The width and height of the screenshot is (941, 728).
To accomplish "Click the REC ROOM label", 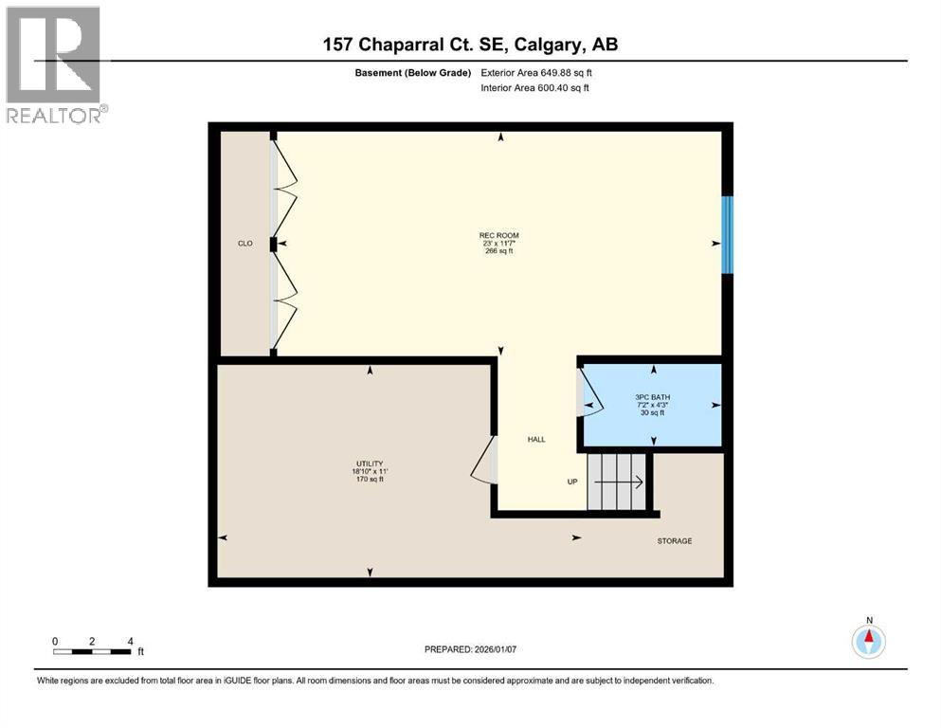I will (498, 235).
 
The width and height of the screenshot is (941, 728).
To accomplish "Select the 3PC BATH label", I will (651, 396).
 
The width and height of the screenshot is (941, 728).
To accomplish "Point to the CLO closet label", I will (244, 244).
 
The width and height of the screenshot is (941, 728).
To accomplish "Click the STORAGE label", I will (675, 540).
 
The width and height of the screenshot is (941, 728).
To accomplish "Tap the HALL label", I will (536, 439).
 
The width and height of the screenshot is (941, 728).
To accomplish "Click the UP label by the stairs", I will (572, 482).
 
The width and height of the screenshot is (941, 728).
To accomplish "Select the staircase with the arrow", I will (617, 482).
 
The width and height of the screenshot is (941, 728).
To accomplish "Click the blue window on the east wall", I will (727, 234).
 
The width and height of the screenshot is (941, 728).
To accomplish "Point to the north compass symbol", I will (868, 640).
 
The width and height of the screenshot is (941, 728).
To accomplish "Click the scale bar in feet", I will (93, 650).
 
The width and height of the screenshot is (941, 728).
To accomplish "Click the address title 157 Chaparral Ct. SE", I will (470, 45).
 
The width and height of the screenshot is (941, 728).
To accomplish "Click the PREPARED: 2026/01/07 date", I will (471, 649).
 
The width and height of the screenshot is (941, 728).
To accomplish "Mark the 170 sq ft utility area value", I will (369, 480).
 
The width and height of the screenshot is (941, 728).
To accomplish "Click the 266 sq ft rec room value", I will (498, 252).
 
